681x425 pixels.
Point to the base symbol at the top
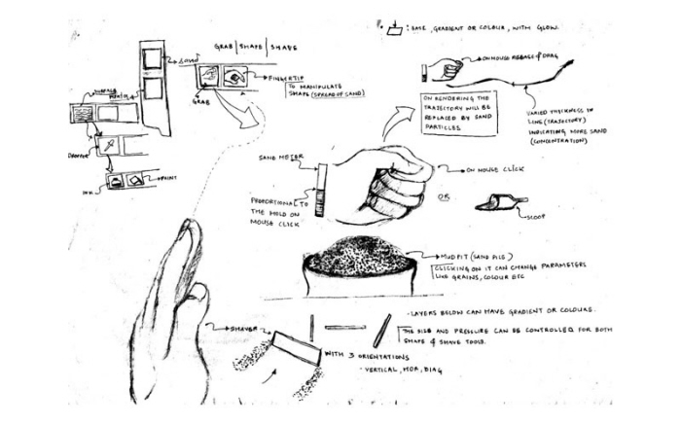click(394, 29)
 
